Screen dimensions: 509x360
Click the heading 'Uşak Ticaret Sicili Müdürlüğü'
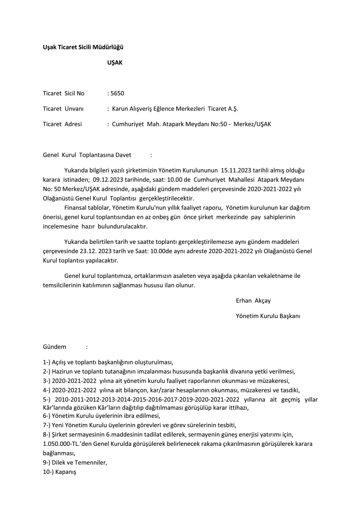(x=84, y=47)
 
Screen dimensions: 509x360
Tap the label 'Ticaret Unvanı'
(x=63, y=108)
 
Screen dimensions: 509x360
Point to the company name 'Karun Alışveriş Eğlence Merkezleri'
(x=158, y=108)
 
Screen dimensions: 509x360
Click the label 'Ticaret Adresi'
(x=62, y=124)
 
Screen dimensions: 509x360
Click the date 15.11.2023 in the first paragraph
(x=237, y=169)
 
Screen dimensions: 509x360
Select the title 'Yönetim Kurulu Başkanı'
(x=268, y=316)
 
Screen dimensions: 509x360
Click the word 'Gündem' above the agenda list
(x=54, y=347)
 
